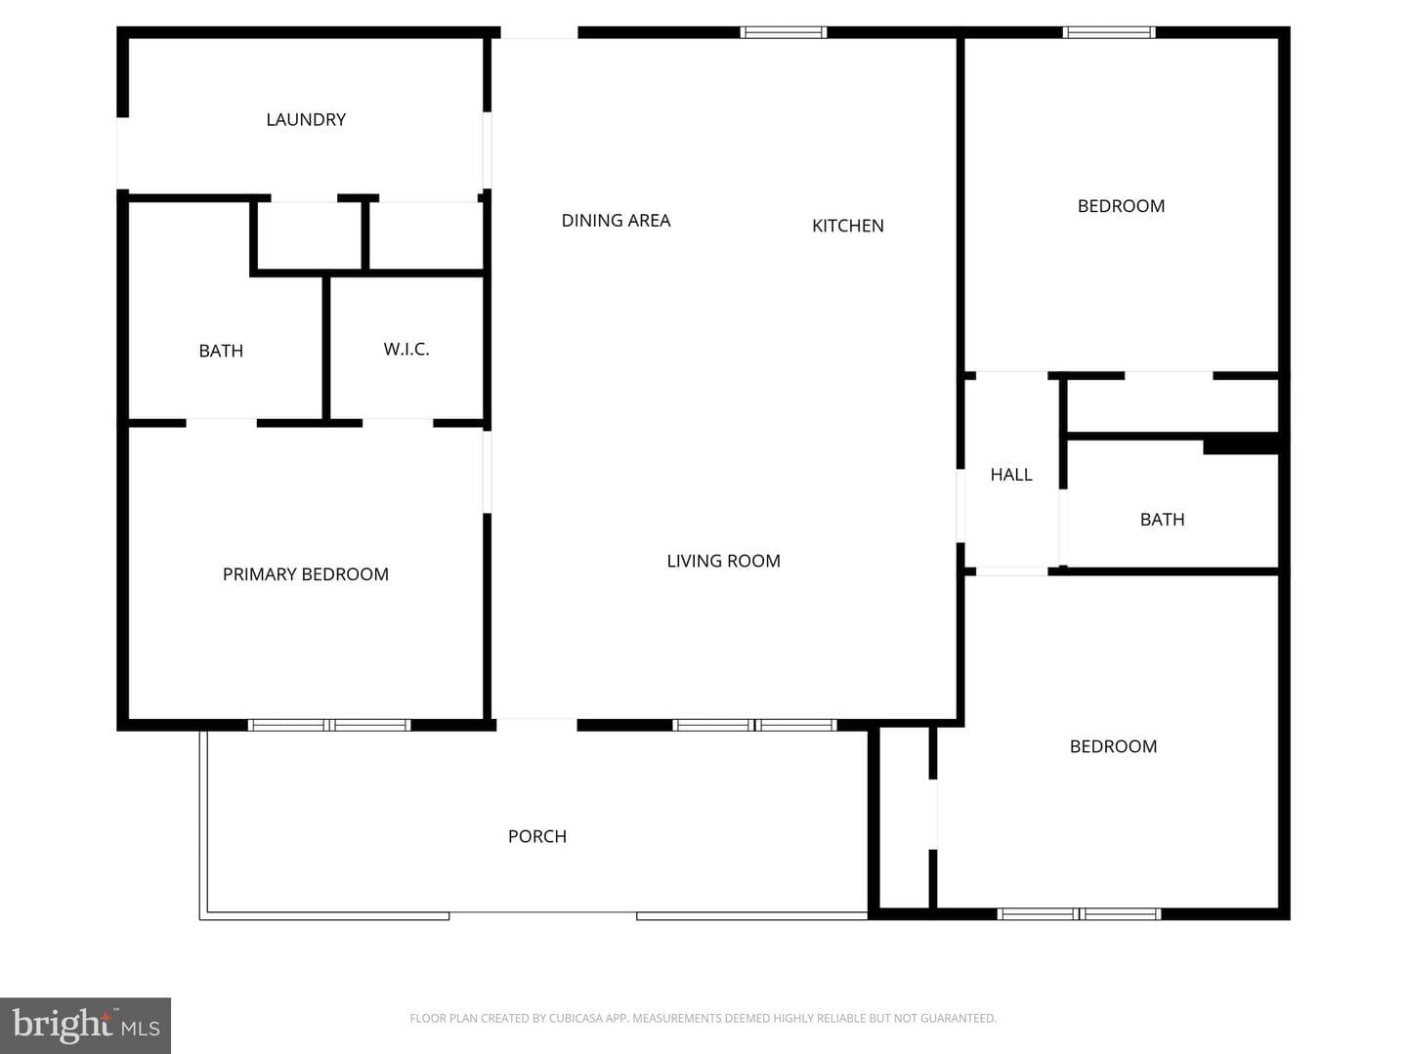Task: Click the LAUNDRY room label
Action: [306, 120]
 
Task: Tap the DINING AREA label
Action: [616, 221]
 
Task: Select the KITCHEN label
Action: [847, 226]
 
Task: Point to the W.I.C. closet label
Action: [406, 349]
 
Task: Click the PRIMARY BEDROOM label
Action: [306, 574]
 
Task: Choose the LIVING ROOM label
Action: [724, 562]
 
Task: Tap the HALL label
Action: [1011, 475]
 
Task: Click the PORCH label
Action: [537, 837]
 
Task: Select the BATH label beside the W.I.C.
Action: [221, 351]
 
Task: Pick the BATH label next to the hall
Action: [1162, 520]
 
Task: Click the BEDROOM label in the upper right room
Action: [1121, 206]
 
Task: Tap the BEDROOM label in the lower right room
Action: [1114, 746]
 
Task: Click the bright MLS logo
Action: [85, 1025]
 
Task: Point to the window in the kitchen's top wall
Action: [784, 32]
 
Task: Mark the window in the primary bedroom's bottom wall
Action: [329, 726]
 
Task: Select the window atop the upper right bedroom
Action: [1110, 32]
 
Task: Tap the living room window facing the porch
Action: [754, 726]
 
